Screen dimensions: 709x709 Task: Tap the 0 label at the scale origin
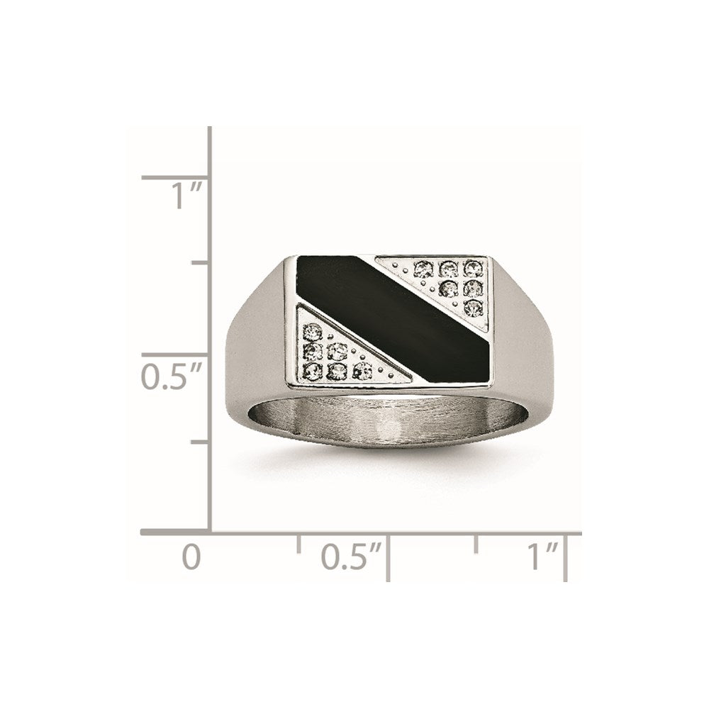[x=191, y=557]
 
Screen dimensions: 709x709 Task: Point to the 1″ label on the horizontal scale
[x=543, y=557]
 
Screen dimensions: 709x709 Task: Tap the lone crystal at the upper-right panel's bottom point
[x=473, y=306]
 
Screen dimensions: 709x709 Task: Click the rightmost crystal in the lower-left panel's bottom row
[x=362, y=369]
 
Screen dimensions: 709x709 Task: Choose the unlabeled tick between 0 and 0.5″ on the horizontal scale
[x=298, y=543]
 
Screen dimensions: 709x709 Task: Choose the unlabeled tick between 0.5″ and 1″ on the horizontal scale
[x=476, y=543]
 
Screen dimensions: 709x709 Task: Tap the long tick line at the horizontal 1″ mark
[x=565, y=557]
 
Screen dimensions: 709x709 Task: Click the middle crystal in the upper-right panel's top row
[x=447, y=267]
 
